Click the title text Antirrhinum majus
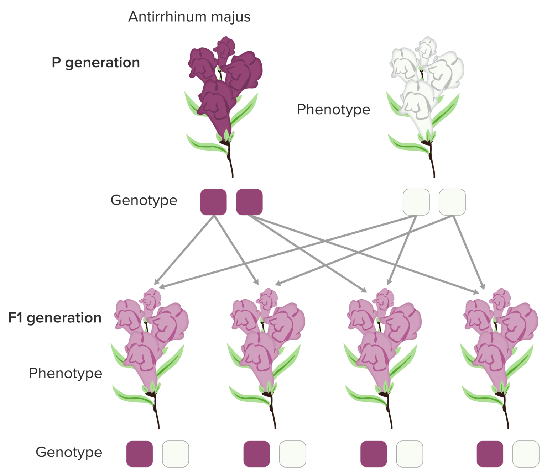[189, 17]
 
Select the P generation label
[96, 63]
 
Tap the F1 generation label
[55, 318]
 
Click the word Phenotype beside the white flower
[333, 110]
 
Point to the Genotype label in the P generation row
[144, 200]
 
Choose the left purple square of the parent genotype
[213, 202]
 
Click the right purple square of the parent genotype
[249, 202]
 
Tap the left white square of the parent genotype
[416, 202]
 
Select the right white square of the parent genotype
[452, 202]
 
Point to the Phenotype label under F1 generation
[66, 373]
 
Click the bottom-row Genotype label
[69, 452]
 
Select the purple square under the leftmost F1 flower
[140, 454]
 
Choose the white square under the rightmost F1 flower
[526, 454]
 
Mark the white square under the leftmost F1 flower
[176, 454]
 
